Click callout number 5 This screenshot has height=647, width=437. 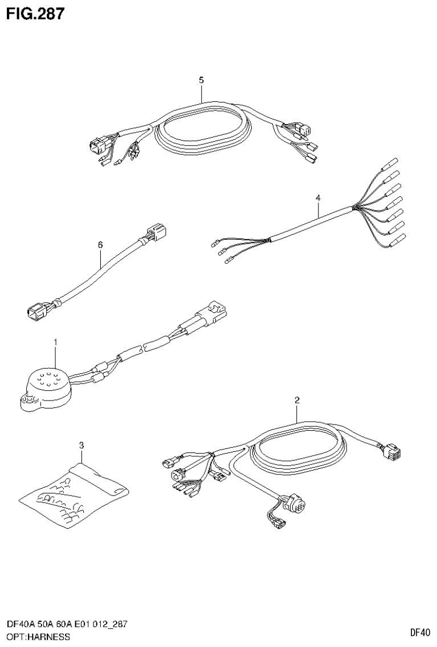(201, 80)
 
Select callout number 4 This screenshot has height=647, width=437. (318, 198)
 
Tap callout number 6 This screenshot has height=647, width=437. (100, 245)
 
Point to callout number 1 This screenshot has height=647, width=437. (55, 342)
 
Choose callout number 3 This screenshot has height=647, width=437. (81, 444)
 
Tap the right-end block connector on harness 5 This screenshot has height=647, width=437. (299, 130)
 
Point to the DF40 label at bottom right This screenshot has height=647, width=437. (420, 632)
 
